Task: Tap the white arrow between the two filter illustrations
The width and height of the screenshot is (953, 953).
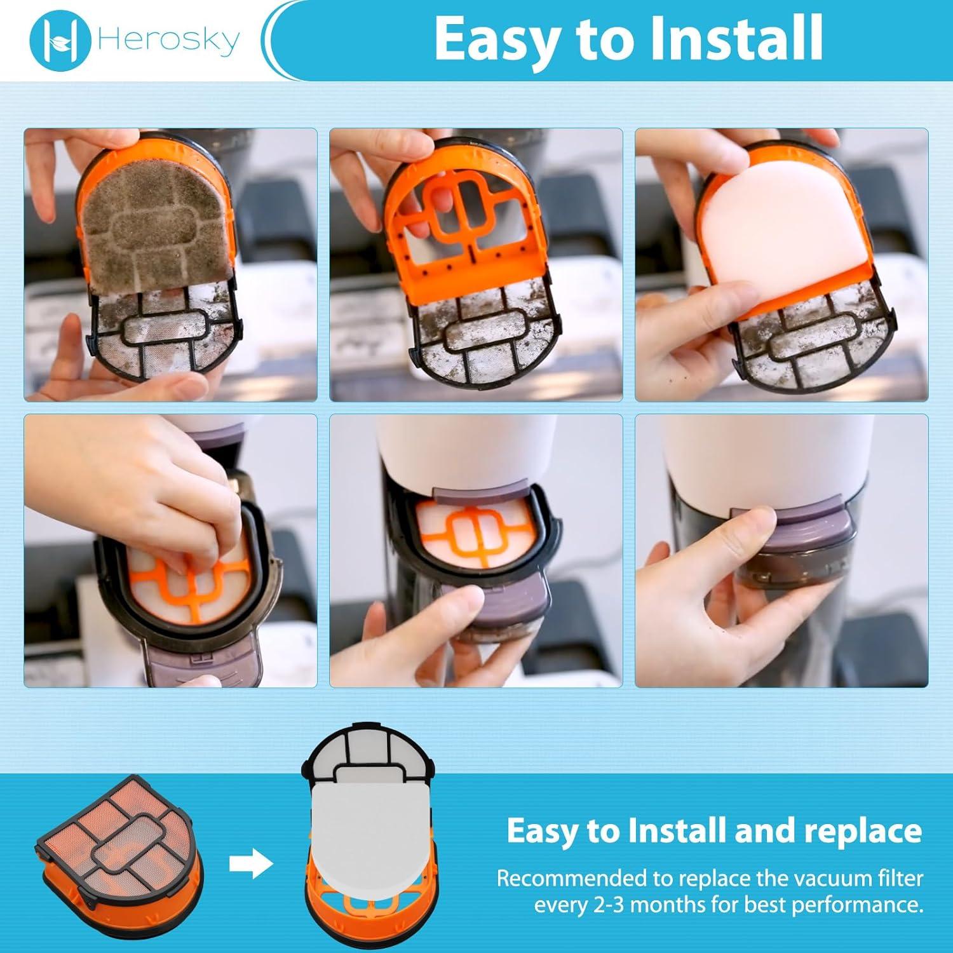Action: (x=250, y=865)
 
